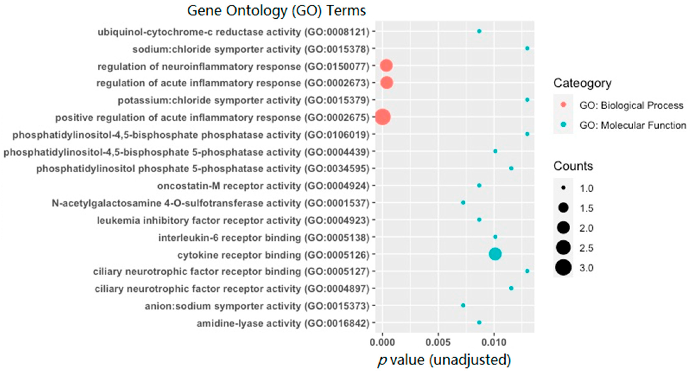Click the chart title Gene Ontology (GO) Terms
[x=276, y=11]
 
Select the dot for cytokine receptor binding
[x=495, y=254]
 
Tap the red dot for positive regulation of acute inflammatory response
[x=383, y=117]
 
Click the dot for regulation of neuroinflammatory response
[x=386, y=66]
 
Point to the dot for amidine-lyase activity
[x=479, y=323]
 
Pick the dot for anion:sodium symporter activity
[x=463, y=305]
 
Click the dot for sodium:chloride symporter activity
[x=527, y=48]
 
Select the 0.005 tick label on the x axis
[x=438, y=342]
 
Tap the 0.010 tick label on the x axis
[x=494, y=342]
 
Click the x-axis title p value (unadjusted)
[x=444, y=360]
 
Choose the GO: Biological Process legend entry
[x=631, y=105]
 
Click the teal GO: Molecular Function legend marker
[x=563, y=124]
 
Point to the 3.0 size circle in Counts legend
[x=563, y=267]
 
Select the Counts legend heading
[x=573, y=166]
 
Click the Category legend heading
[x=582, y=83]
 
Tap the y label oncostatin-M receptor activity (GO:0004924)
[x=263, y=186]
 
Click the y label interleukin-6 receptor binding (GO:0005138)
[x=264, y=237]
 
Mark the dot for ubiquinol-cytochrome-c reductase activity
[x=479, y=31]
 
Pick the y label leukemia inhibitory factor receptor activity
[x=233, y=220]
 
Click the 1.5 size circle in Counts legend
[x=563, y=208]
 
